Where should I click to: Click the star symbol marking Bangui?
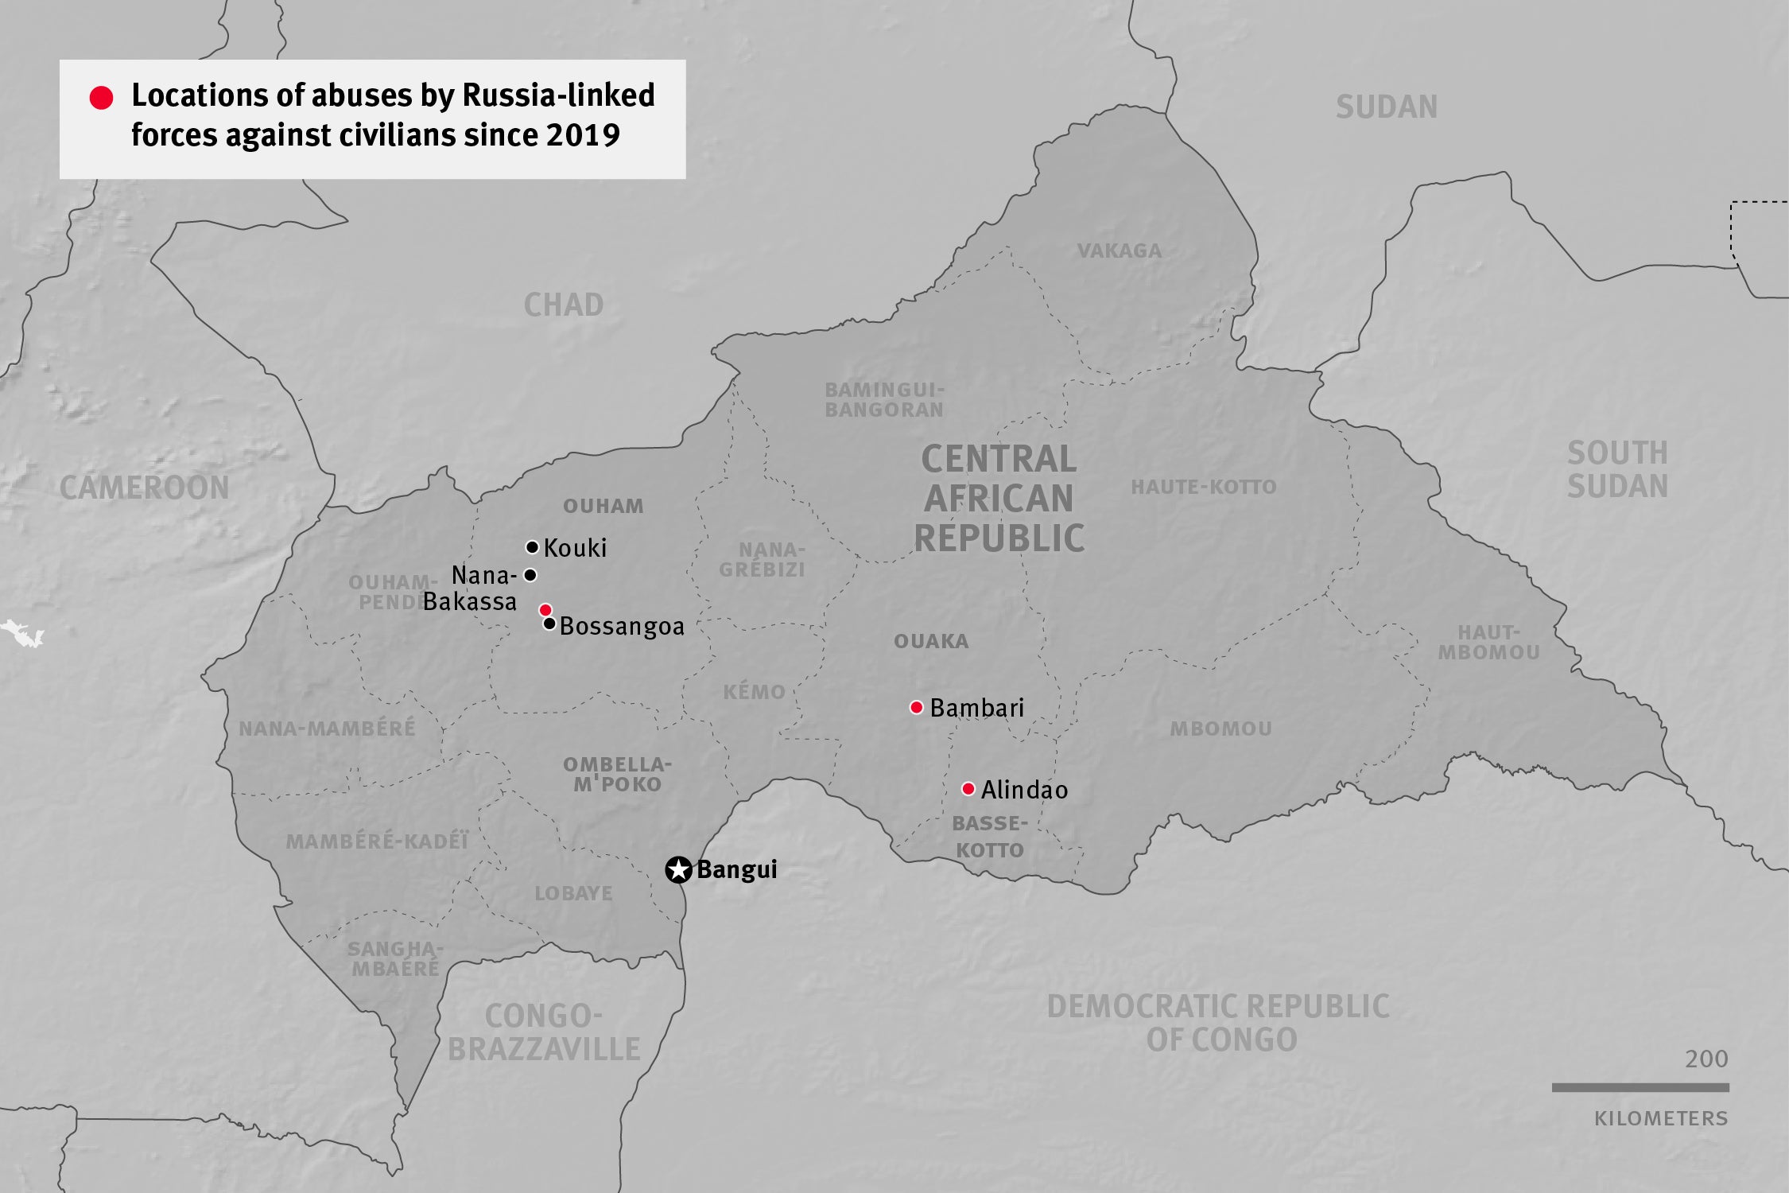678,869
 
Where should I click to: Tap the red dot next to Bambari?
916,707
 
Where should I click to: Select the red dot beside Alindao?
968,789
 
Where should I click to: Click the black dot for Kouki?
532,547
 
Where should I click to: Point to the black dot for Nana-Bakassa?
530,575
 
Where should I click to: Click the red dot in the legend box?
101,98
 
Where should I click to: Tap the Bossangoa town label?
622,627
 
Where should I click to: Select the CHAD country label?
564,305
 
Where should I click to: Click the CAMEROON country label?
144,488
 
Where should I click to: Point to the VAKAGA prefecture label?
1120,251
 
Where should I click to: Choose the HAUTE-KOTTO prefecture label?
1204,487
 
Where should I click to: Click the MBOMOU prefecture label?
1220,729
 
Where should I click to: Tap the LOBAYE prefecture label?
573,893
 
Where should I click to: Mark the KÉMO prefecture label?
754,692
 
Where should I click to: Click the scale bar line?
1640,1087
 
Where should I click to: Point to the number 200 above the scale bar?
1706,1059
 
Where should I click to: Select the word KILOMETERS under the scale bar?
1661,1119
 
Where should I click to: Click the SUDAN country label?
1387,107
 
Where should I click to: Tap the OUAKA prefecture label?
931,641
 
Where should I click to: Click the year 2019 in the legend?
583,135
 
